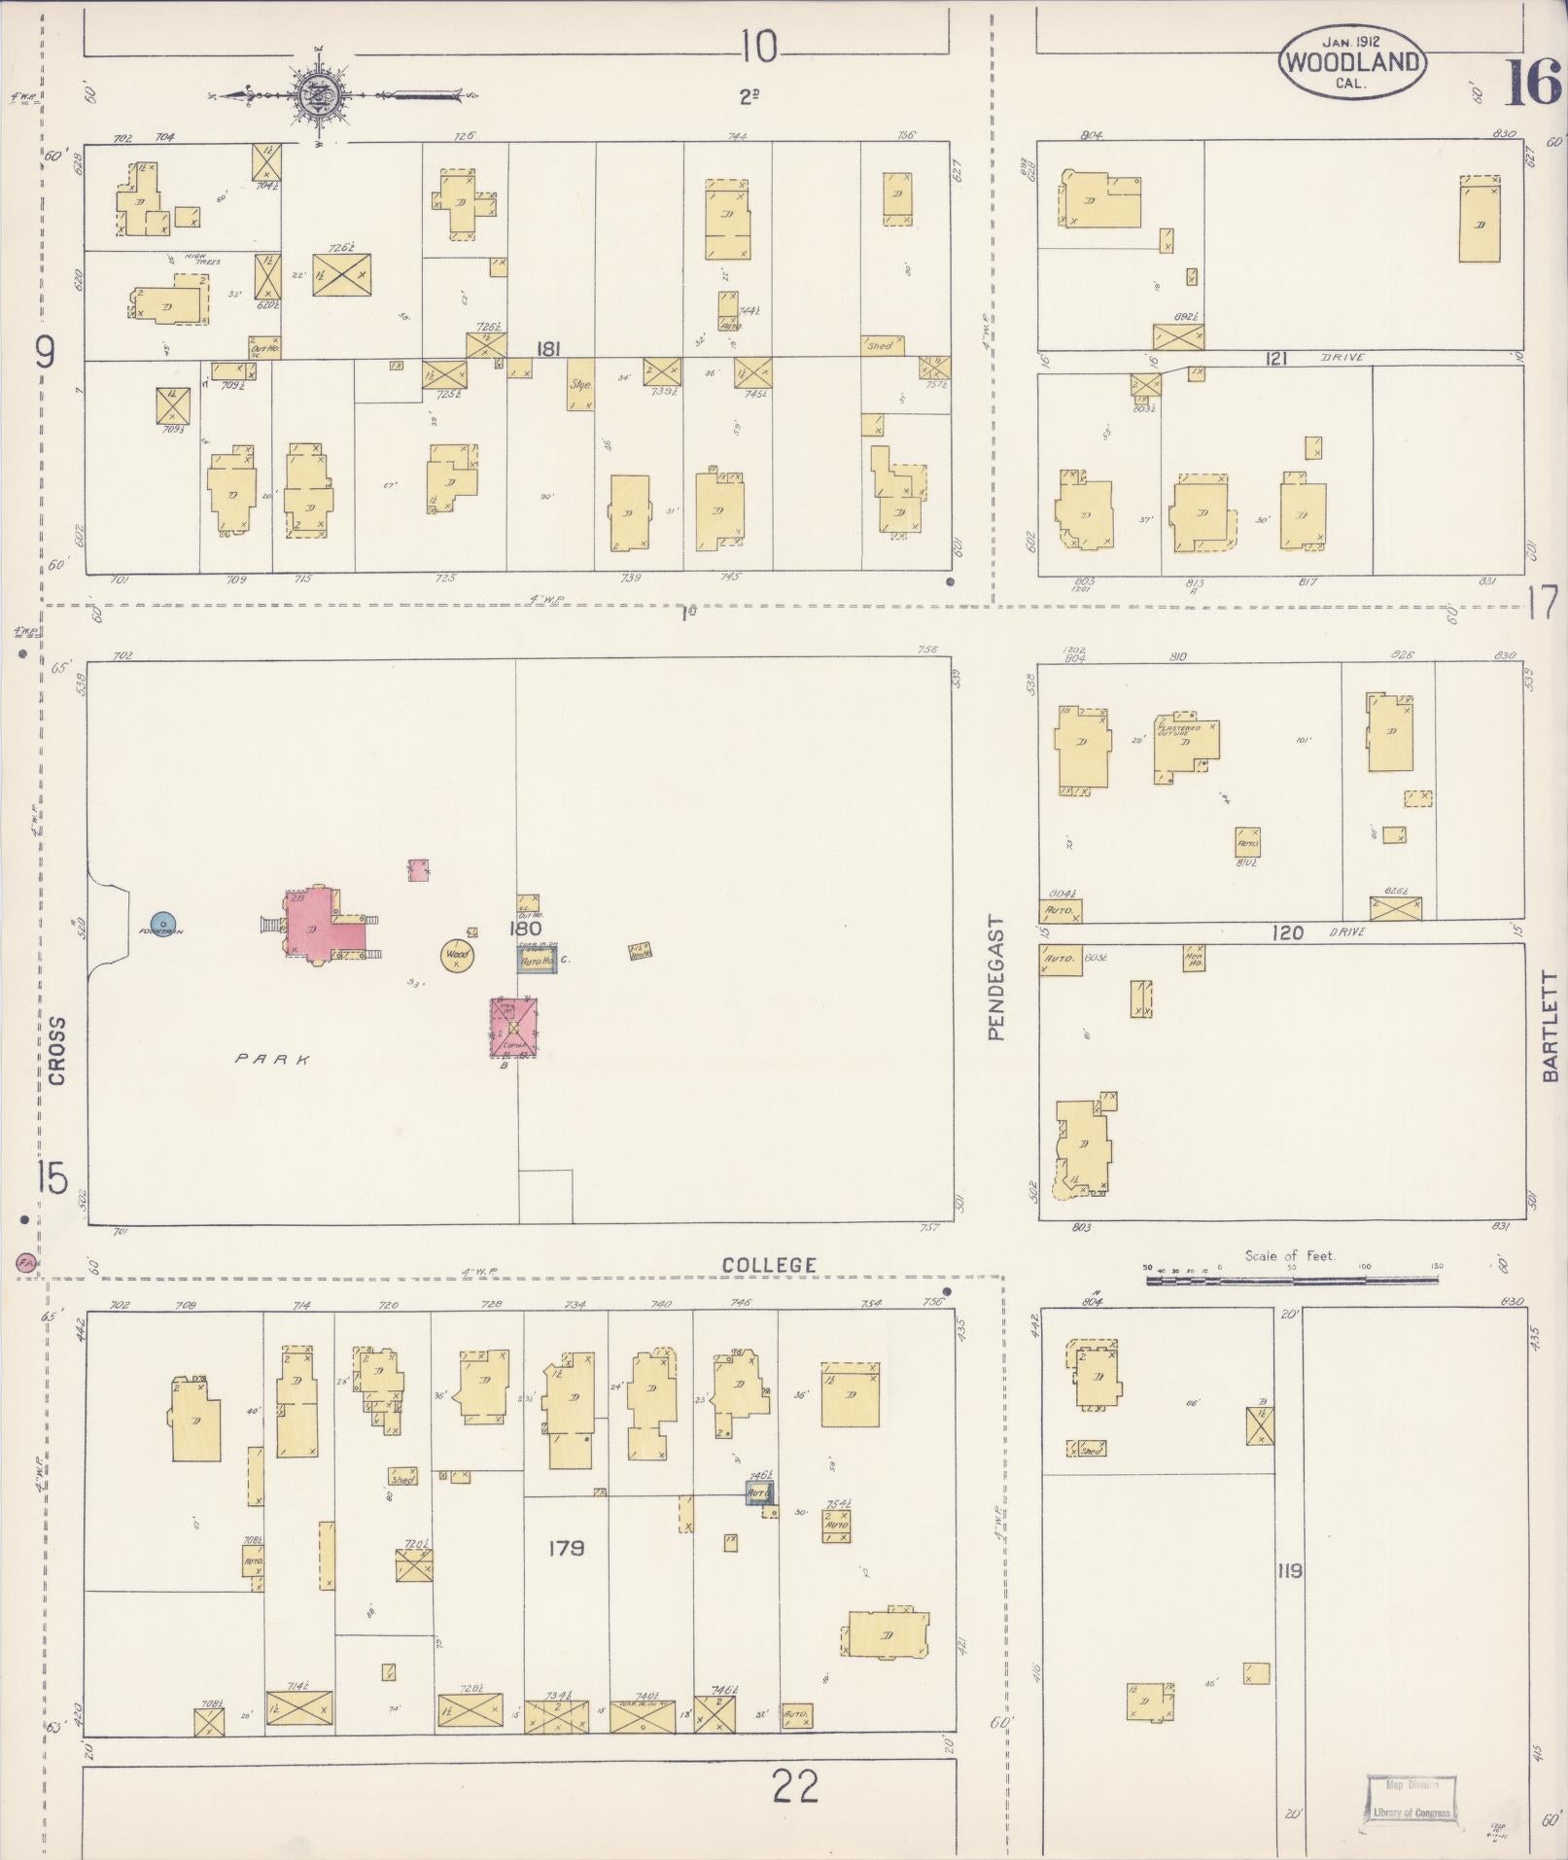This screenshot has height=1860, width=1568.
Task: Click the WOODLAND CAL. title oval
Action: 1351,62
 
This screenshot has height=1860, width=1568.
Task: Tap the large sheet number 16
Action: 1534,85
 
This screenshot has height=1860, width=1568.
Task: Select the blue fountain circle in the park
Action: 162,923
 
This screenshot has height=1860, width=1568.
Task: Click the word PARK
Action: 273,1059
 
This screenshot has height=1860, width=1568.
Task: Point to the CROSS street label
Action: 56,1051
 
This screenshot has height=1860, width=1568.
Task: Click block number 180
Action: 526,929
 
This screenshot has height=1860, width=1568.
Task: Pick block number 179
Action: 565,1547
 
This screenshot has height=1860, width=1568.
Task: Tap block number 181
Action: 549,348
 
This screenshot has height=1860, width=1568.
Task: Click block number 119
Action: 1290,1570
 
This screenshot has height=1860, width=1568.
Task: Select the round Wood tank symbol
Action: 456,956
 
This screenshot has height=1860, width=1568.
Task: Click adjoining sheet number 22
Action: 795,1786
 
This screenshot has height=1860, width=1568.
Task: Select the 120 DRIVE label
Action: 1307,932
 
